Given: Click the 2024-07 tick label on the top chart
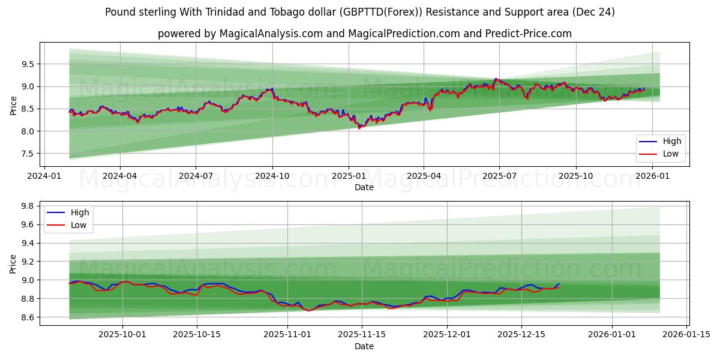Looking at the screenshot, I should [196, 176].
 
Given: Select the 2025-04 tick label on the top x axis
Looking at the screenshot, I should [424, 176].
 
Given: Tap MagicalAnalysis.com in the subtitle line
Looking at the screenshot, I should [263, 34].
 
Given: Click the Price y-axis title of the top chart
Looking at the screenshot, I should [14, 106].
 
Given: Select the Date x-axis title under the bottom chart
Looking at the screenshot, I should [364, 346].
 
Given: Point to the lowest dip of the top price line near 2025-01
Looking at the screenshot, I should [359, 128].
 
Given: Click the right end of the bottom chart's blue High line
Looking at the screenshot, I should [559, 284].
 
